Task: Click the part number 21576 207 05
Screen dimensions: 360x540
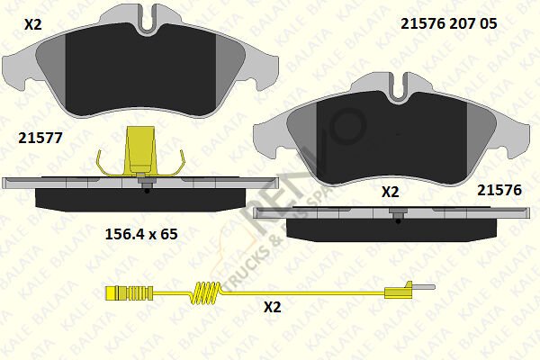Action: tap(448, 25)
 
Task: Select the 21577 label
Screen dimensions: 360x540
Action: tap(40, 137)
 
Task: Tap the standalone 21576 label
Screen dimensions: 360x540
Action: tap(499, 190)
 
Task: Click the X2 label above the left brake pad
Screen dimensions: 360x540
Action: tap(33, 24)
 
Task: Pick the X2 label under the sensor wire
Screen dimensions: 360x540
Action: tap(272, 307)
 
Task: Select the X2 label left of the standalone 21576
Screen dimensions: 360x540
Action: tap(391, 192)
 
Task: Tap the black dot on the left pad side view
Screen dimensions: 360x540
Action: tap(146, 190)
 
